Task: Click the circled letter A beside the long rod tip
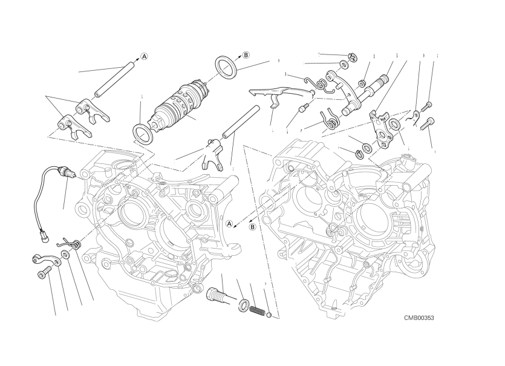(x=145, y=57)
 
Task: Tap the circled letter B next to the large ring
(x=246, y=55)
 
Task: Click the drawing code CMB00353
(x=420, y=318)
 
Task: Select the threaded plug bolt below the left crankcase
(x=216, y=297)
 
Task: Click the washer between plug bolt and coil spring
(x=243, y=304)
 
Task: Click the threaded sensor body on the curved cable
(x=64, y=175)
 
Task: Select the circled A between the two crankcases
(x=229, y=223)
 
